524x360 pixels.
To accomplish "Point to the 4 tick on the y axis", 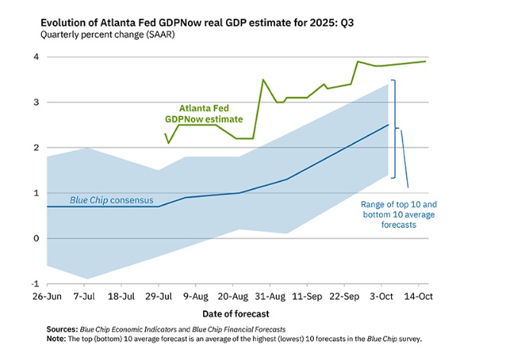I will [x=36, y=57].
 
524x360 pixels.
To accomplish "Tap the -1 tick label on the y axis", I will [x=34, y=284].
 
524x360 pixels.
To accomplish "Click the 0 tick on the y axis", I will [x=36, y=238].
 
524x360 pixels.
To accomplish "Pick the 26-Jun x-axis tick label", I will [x=47, y=295].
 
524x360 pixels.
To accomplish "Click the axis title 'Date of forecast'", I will [x=237, y=314].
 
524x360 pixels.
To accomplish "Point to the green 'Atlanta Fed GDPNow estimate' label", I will [x=203, y=114].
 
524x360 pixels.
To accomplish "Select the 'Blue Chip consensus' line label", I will [x=112, y=200].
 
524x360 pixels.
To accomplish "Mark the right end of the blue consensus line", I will [x=388, y=125].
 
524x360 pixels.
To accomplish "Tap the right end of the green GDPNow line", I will [x=425, y=61].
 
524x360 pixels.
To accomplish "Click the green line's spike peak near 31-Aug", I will [x=263, y=79].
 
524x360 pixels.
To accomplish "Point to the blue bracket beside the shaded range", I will [x=395, y=128].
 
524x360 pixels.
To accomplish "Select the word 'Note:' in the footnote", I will [x=57, y=338].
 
